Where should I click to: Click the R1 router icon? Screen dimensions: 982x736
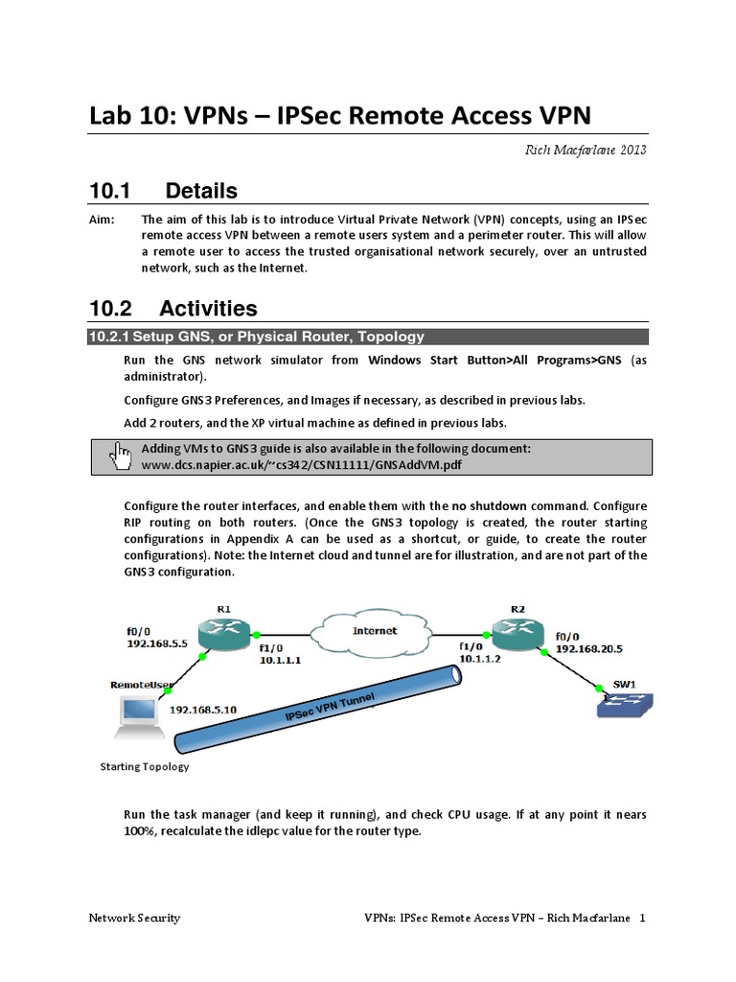[x=222, y=632]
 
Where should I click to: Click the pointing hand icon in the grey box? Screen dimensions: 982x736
[x=122, y=456]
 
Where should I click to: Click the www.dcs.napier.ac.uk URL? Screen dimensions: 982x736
[x=306, y=464]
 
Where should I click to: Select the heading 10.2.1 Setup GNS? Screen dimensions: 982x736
[x=256, y=337]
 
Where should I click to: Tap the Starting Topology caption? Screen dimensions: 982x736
[x=145, y=766]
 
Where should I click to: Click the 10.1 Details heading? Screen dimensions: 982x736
[x=164, y=191]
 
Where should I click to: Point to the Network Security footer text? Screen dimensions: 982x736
[x=134, y=918]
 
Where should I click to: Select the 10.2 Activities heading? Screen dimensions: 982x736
[x=173, y=308]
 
